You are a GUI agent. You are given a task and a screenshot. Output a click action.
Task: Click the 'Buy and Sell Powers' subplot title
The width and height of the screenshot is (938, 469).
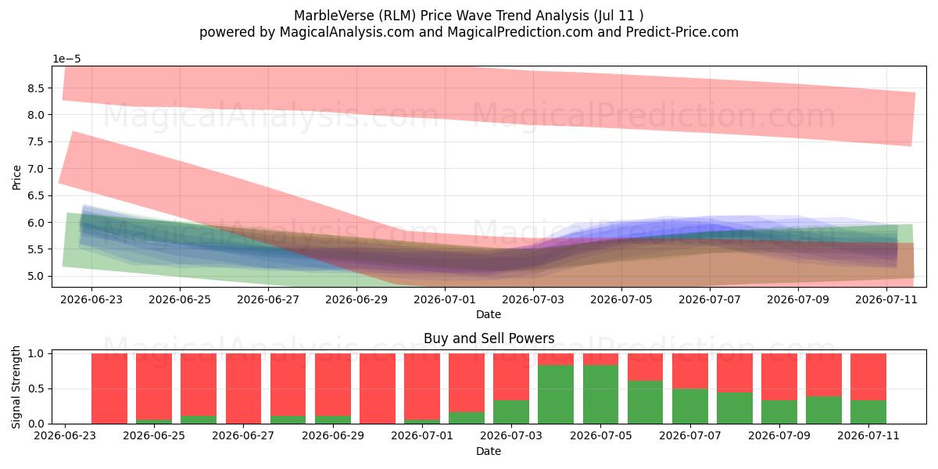coord(489,338)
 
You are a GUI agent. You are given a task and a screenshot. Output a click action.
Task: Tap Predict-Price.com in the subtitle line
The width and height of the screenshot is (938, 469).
coord(682,32)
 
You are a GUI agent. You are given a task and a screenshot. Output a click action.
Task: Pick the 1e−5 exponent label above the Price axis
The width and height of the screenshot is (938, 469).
coord(66,59)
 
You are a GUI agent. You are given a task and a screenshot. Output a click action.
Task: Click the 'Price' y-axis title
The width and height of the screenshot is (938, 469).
coord(16,177)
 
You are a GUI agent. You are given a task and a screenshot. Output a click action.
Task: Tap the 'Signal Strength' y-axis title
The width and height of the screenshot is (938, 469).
coord(16,388)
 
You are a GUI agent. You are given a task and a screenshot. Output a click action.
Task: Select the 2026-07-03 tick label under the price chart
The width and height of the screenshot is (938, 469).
coord(533,300)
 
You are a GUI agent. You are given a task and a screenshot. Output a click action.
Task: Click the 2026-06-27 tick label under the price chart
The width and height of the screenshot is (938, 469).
coord(268,300)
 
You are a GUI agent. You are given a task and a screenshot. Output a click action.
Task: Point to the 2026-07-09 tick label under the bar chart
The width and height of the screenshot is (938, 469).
coord(779,436)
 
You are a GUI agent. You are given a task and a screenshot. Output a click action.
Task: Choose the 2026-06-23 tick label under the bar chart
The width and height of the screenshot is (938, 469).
coord(65,436)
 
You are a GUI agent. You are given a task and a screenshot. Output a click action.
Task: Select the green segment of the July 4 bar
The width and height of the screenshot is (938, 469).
coord(556,395)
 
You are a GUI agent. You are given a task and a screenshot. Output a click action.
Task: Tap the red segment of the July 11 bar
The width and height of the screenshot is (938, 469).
coord(868,377)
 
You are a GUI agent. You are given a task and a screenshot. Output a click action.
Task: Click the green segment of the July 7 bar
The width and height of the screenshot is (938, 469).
coord(690,406)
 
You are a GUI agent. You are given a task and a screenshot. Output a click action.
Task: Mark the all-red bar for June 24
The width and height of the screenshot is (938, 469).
coord(109,388)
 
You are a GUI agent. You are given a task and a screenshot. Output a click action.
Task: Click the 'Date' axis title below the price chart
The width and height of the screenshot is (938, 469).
coord(489,314)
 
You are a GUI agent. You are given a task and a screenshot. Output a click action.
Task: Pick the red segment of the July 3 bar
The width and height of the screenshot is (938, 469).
coord(511,377)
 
